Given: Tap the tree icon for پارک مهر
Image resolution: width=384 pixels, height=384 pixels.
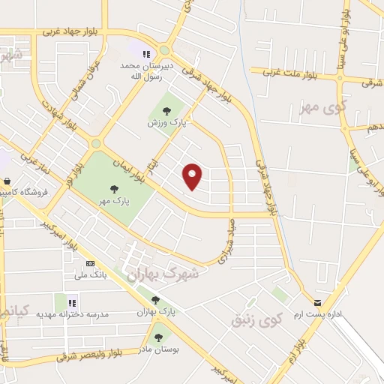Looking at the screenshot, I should coord(114,189).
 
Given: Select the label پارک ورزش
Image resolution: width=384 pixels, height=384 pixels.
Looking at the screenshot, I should coord(166,121).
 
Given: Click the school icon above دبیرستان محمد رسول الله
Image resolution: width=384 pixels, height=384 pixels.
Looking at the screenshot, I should coord(147,54).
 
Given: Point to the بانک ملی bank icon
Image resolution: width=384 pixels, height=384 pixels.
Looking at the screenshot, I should coord(91,263).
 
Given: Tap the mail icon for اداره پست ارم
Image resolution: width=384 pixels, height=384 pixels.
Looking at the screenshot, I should coord(317,303).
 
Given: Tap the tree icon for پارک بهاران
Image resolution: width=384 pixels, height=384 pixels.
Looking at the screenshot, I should coord(155,300).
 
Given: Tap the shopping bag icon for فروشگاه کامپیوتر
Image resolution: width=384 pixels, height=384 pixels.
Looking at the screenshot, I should coord(7,181).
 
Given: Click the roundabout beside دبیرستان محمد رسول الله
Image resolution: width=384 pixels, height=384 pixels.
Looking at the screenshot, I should coord(164,50).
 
